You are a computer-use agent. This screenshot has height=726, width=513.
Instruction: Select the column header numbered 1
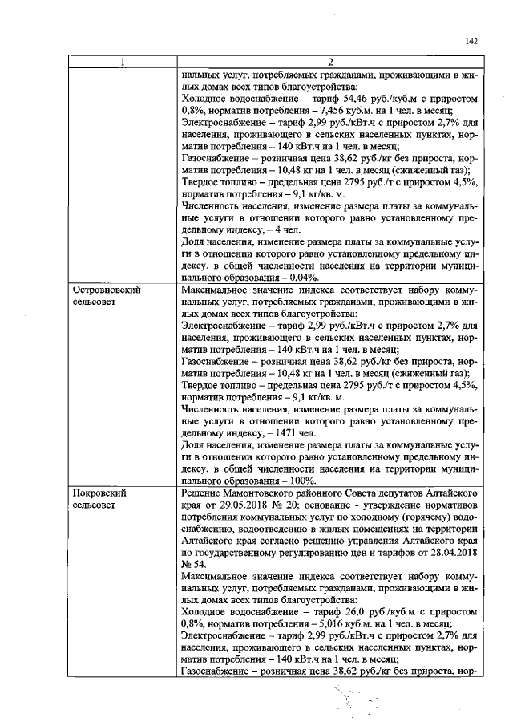122,63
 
